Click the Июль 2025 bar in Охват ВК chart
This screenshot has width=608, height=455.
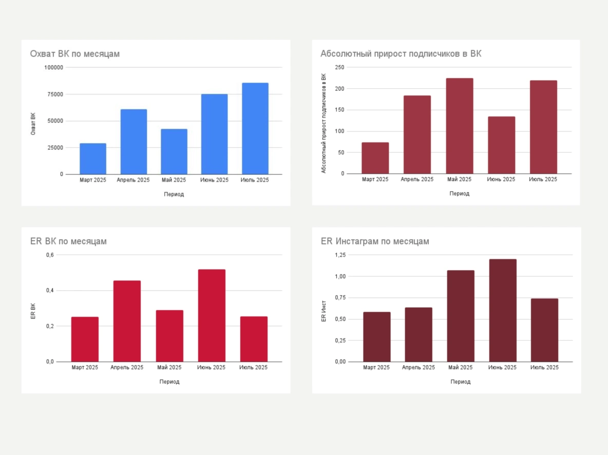255,128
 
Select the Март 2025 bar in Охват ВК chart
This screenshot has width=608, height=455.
93,159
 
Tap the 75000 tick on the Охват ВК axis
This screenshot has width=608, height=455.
54,94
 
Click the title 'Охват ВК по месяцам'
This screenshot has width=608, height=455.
75,53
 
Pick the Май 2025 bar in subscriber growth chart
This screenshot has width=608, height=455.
460,126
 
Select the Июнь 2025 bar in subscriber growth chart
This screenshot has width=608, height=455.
501,145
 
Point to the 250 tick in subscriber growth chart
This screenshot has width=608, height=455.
339,67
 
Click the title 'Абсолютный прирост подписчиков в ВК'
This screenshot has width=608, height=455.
401,53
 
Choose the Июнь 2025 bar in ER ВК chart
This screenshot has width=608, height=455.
212,315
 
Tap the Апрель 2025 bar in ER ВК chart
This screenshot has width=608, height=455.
127,321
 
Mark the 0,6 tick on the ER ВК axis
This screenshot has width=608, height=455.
50,255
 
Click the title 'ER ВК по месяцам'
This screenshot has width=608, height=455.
69,241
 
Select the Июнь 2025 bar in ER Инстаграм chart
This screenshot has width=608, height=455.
503,310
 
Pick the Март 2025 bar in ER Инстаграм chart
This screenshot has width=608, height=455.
377,337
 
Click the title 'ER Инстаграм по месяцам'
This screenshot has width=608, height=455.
375,241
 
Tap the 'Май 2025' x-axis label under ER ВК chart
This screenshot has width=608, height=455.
169,367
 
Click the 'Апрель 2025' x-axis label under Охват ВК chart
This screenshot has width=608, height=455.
133,180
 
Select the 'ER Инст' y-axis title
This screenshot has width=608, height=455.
324,310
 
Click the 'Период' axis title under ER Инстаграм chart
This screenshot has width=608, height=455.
461,382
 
